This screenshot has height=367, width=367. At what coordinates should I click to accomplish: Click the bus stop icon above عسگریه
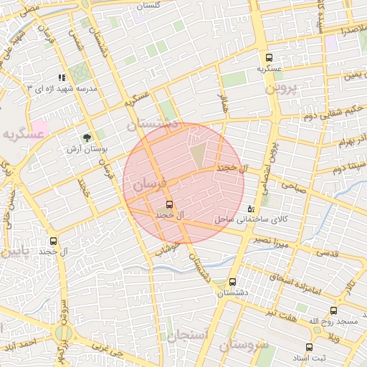[269, 58]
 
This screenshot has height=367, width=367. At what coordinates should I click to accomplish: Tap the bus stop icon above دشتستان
[232, 282]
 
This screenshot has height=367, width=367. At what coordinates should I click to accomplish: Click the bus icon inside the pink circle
[169, 204]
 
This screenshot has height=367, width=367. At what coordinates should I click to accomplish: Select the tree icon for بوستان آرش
[87, 137]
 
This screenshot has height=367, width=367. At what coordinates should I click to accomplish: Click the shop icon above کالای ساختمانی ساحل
[250, 209]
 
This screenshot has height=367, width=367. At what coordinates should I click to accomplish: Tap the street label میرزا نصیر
[276, 242]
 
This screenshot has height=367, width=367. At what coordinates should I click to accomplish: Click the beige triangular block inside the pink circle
[197, 153]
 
